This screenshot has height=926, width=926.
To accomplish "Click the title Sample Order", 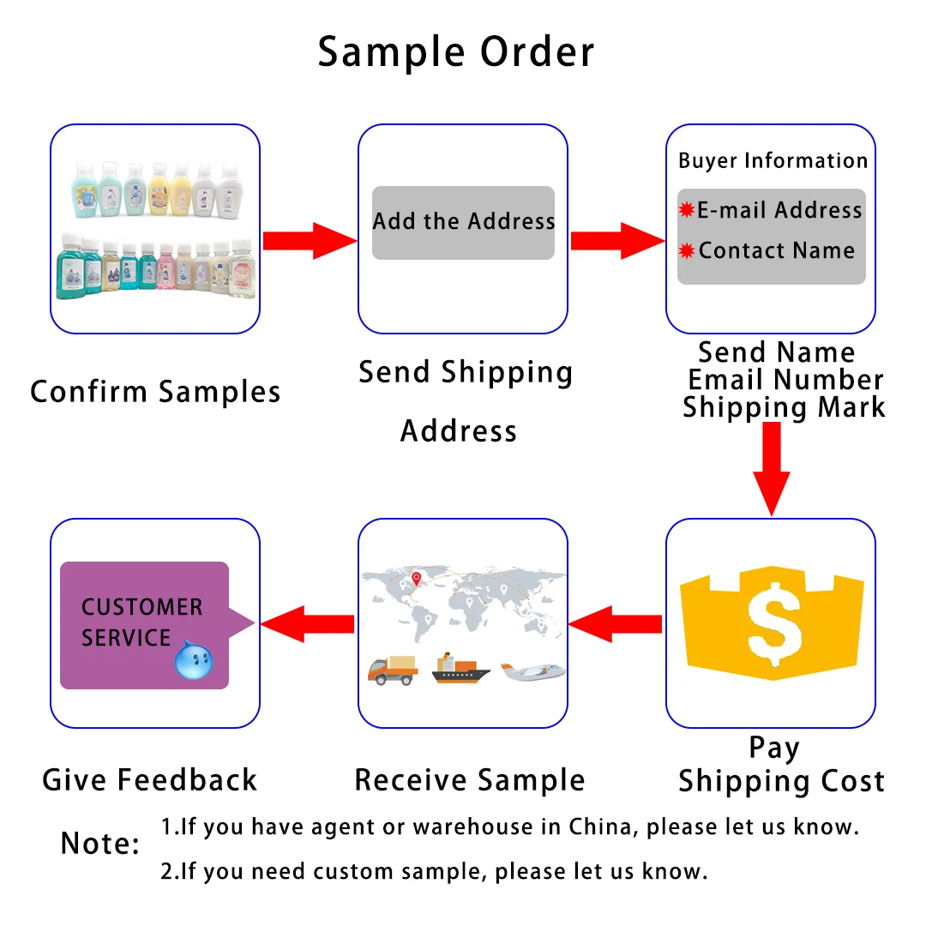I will pyautogui.click(x=455, y=52).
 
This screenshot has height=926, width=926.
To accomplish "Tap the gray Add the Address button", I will pyautogui.click(x=463, y=222).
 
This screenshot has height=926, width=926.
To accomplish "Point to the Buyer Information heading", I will pyautogui.click(x=773, y=161).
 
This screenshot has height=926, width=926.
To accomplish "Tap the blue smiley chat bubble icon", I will pyautogui.click(x=194, y=661).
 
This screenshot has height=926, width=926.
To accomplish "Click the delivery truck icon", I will pyautogui.click(x=393, y=670).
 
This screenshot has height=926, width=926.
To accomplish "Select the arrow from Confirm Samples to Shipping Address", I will pyautogui.click(x=309, y=241).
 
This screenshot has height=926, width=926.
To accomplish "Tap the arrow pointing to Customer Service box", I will pyautogui.click(x=307, y=624).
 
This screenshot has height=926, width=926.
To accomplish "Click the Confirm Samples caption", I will pyautogui.click(x=155, y=392).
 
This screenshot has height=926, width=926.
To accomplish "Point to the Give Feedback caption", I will pyautogui.click(x=150, y=779).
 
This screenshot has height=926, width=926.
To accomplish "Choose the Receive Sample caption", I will pyautogui.click(x=469, y=780).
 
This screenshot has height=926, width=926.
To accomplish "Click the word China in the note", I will pyautogui.click(x=604, y=827).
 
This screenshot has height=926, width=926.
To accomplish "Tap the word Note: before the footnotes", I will pyautogui.click(x=99, y=844).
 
